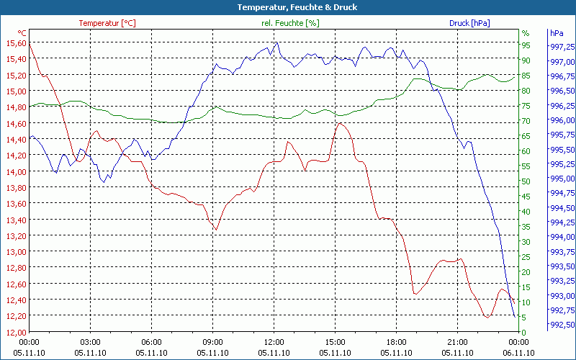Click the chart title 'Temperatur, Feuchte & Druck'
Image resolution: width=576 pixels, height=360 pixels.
coord(287,7)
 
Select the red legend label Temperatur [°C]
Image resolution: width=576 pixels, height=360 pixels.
coord(107,23)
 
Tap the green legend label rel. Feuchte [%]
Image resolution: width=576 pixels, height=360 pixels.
coord(289,23)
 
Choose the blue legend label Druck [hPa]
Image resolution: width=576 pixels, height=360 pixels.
coord(469,23)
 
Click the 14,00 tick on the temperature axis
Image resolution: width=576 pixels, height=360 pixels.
coord(17,172)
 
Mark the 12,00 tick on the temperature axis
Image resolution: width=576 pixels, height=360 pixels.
coord(17,333)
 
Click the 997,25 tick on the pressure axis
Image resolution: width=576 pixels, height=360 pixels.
coord(562,47)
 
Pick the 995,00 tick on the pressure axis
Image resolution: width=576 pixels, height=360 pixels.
coord(562,179)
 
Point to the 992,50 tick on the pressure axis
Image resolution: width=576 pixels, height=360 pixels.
coord(562,325)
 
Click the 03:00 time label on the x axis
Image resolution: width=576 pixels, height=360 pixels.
coord(90,342)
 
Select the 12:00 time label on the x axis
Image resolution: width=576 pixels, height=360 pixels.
coord(274,342)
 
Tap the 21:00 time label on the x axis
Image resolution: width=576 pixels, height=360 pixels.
coord(457,342)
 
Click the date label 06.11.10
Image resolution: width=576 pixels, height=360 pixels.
coord(518,353)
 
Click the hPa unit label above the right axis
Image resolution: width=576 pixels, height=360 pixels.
coord(556,33)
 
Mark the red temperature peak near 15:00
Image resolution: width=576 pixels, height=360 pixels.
coord(341,123)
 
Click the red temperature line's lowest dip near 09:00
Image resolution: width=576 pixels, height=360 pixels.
coord(215,230)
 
